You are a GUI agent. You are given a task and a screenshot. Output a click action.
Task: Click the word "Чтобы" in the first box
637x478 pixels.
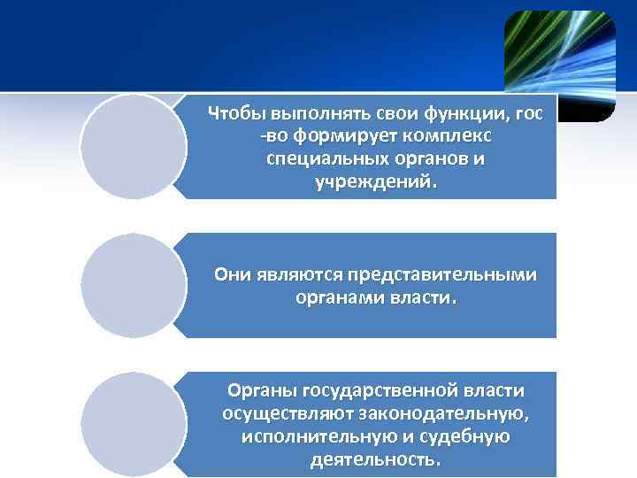(x=233, y=114)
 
